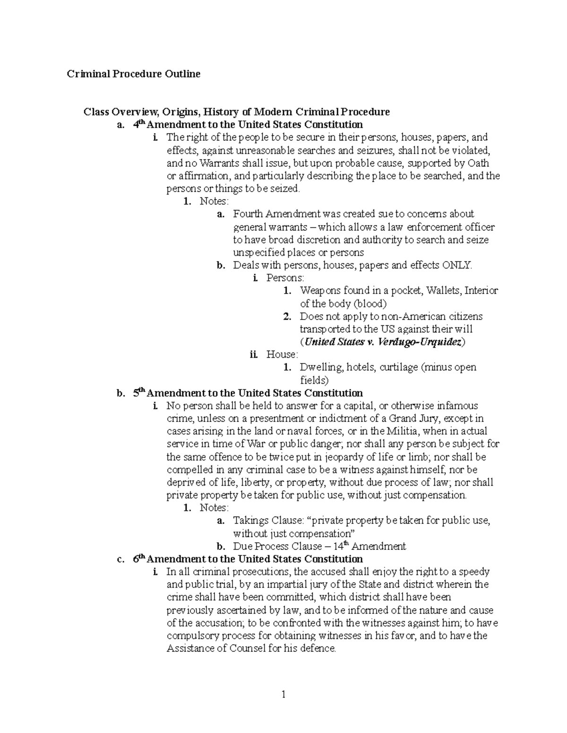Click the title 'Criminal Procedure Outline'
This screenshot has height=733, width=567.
[x=133, y=74]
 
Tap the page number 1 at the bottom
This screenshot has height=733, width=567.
[x=283, y=694]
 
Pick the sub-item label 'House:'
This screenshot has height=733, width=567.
[x=282, y=354]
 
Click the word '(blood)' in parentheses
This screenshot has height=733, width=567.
[x=370, y=303]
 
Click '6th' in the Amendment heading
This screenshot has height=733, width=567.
[x=139, y=559]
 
